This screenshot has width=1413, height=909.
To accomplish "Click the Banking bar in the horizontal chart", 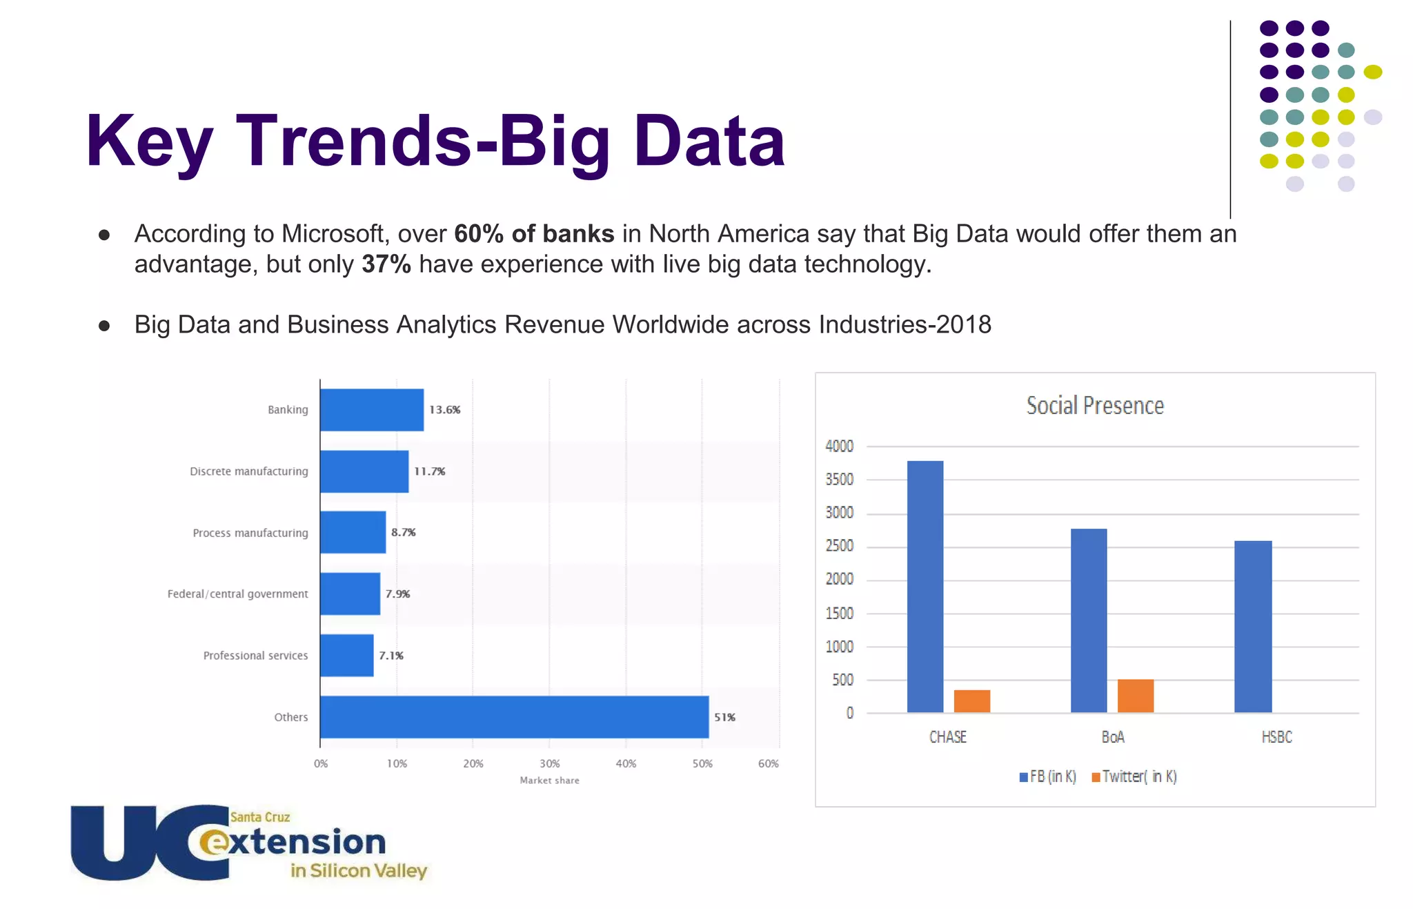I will pyautogui.click(x=372, y=410).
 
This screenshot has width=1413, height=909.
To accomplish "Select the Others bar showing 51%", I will pyautogui.click(x=514, y=717).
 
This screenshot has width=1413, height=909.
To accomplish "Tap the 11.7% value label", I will pyautogui.click(x=429, y=471).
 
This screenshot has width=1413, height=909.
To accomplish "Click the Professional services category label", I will pyautogui.click(x=255, y=656).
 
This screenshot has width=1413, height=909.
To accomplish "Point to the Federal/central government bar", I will pyautogui.click(x=350, y=594).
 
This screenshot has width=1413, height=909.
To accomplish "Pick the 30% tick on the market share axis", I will pyautogui.click(x=549, y=764).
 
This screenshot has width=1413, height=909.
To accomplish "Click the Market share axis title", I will pyautogui.click(x=549, y=781).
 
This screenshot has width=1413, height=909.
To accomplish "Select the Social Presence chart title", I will pyautogui.click(x=1095, y=406).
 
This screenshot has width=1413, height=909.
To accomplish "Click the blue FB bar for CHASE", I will pyautogui.click(x=925, y=587).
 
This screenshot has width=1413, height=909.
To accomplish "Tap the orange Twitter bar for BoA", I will pyautogui.click(x=1135, y=696).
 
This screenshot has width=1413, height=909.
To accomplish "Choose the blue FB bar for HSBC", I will pyautogui.click(x=1252, y=627).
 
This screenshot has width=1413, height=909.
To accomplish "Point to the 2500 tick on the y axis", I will pyautogui.click(x=839, y=546).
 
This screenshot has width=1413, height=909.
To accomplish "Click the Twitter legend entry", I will pyautogui.click(x=1134, y=777).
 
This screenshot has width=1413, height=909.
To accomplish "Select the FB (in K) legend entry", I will pyautogui.click(x=1048, y=777).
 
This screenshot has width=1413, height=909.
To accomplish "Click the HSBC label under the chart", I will pyautogui.click(x=1276, y=737).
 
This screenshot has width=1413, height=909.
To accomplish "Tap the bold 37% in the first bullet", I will pyautogui.click(x=386, y=264).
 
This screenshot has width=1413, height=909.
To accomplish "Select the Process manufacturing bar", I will pyautogui.click(x=353, y=532).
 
